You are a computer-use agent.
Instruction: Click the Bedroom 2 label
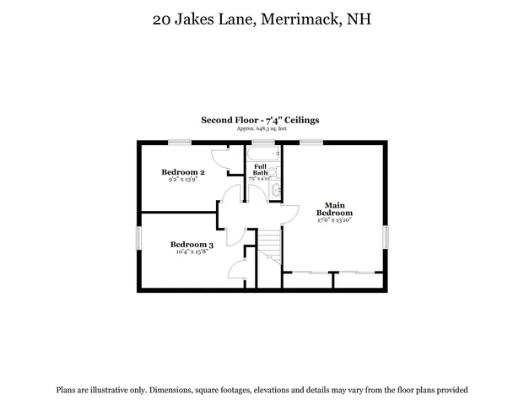182,172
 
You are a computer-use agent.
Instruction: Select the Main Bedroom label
334,208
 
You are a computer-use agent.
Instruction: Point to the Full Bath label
260,170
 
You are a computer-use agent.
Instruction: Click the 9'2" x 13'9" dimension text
182,180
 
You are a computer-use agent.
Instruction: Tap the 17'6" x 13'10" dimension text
334,221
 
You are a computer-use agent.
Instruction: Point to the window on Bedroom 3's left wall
139,238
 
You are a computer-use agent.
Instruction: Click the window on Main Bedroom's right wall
386,236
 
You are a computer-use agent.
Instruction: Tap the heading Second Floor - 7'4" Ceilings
260,121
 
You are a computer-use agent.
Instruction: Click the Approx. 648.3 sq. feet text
260,128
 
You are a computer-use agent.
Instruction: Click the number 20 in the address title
157,19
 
